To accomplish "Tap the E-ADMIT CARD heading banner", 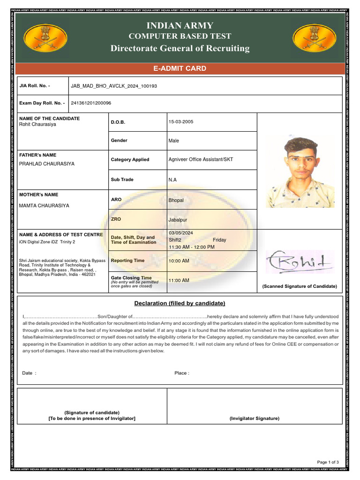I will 180,68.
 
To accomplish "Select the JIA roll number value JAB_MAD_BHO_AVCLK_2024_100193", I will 114,86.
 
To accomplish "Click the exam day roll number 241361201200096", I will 91,103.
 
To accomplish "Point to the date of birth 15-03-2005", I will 180,122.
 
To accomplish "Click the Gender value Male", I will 173,141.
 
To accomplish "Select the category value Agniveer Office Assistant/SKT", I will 201,159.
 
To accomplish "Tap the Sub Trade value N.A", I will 173,180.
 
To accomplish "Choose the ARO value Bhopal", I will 176,200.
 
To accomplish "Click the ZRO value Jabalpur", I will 178,220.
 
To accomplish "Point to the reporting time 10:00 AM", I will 179,261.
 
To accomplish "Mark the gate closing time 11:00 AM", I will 179,280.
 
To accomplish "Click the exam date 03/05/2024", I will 180,233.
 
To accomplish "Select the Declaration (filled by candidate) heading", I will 180,303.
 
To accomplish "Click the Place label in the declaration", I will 181,373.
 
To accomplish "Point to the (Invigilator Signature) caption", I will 254,418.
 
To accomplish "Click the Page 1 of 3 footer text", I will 328,462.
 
